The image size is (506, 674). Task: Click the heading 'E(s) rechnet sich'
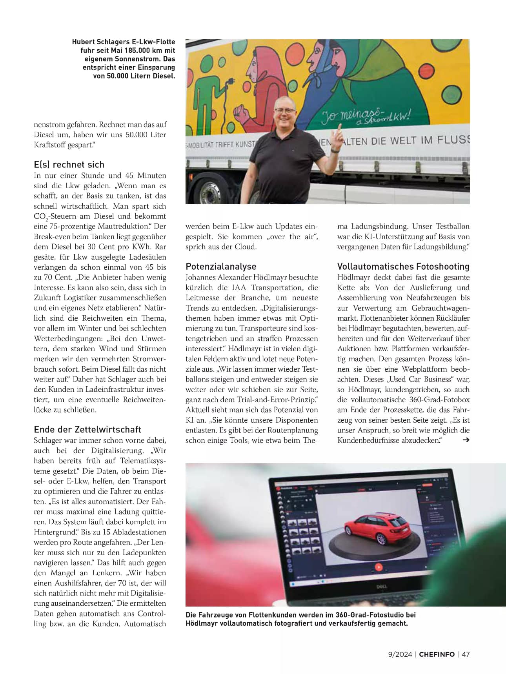(x=69, y=164)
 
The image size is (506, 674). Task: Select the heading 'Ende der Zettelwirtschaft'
(x=87, y=429)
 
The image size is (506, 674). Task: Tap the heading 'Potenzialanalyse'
(x=221, y=267)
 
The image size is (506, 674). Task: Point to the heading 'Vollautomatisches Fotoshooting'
(x=403, y=267)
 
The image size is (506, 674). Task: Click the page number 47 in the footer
(x=466, y=654)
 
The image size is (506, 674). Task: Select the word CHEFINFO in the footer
(x=437, y=654)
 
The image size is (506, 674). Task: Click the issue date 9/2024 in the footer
(x=400, y=654)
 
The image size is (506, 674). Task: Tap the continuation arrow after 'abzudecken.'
(x=466, y=440)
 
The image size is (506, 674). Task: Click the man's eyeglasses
(x=286, y=111)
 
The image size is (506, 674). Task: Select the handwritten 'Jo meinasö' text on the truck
(x=352, y=114)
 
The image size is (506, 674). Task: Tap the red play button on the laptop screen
(x=378, y=567)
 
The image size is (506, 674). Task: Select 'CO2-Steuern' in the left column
(x=55, y=216)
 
